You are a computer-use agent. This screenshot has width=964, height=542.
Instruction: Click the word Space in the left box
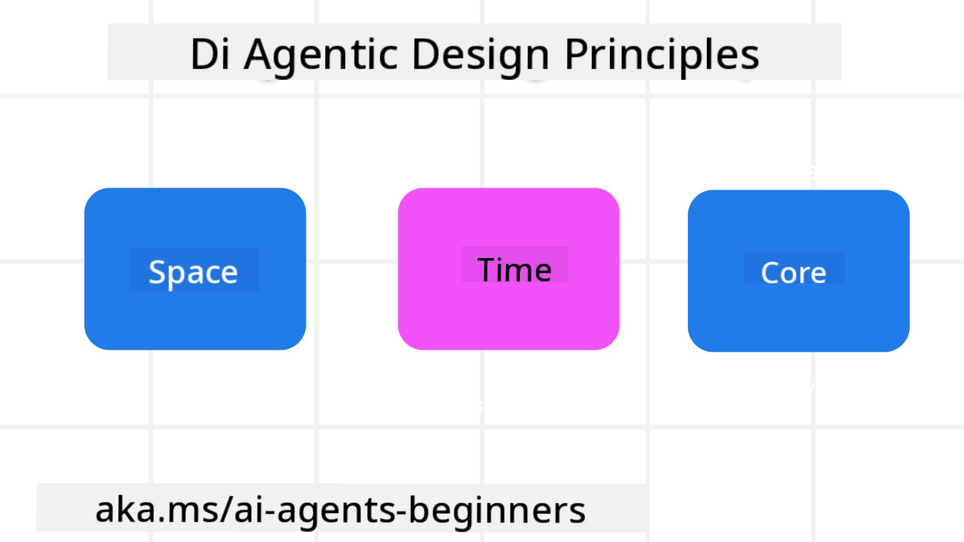tap(193, 273)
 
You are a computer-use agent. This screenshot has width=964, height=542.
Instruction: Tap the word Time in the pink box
tap(514, 270)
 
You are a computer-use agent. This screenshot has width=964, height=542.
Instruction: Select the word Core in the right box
tap(793, 273)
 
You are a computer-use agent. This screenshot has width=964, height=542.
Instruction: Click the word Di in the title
tap(210, 54)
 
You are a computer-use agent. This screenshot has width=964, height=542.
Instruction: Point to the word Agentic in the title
tap(321, 54)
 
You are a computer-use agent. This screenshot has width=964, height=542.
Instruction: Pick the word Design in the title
tap(480, 54)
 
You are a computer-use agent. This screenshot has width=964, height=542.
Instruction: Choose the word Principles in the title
tap(662, 54)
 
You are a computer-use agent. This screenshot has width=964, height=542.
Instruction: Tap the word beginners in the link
tap(497, 510)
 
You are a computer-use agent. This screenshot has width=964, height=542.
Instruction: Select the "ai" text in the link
tap(247, 510)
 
